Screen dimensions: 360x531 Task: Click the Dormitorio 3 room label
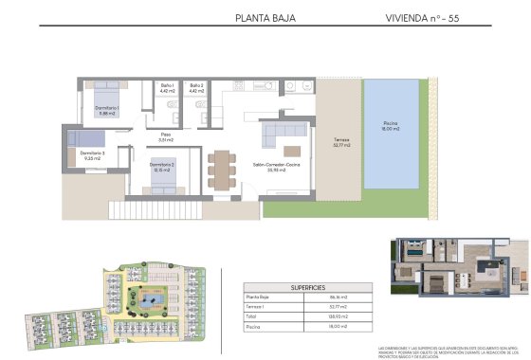pyautogui.click(x=92, y=155)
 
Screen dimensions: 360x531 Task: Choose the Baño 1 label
pyautogui.click(x=168, y=88)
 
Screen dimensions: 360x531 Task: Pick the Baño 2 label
pyautogui.click(x=196, y=88)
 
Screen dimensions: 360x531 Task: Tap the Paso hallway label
pyautogui.click(x=165, y=137)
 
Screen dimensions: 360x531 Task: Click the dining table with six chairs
pyautogui.click(x=223, y=170)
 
